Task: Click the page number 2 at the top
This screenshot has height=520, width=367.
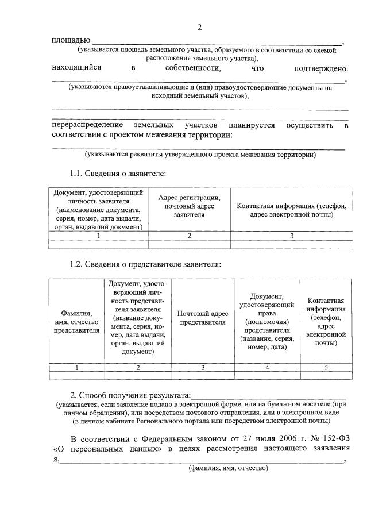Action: (x=199, y=27)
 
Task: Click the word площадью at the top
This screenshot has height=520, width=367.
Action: (x=71, y=40)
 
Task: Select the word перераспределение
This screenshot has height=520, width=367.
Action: (x=87, y=125)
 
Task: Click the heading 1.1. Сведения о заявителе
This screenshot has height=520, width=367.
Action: (x=118, y=173)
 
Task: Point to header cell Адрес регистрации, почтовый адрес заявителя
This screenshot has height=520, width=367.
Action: (x=189, y=205)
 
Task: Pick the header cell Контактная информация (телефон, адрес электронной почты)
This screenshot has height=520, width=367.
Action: (x=291, y=210)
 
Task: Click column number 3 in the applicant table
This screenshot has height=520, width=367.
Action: (x=291, y=236)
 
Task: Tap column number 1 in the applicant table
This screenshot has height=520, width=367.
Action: (x=98, y=236)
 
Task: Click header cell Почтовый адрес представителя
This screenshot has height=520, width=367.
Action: (x=203, y=318)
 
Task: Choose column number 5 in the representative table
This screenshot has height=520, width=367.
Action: (x=326, y=367)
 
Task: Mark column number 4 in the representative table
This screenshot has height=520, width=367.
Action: (x=267, y=367)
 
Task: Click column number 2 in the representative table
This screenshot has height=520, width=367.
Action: (x=138, y=367)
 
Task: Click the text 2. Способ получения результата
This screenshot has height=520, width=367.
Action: (x=129, y=395)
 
